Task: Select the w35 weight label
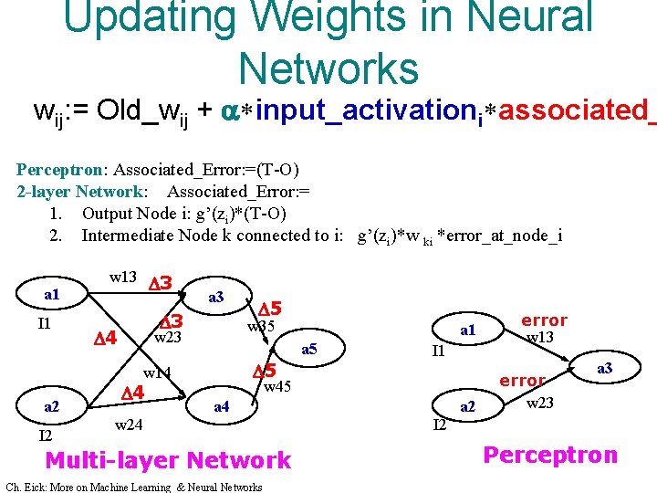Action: [262, 328]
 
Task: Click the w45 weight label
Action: [277, 387]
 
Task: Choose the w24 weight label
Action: [129, 425]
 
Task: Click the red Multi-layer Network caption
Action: [168, 460]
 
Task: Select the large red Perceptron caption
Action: [549, 455]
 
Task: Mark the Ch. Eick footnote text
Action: [133, 487]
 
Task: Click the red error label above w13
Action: [544, 320]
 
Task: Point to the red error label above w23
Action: [523, 380]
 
